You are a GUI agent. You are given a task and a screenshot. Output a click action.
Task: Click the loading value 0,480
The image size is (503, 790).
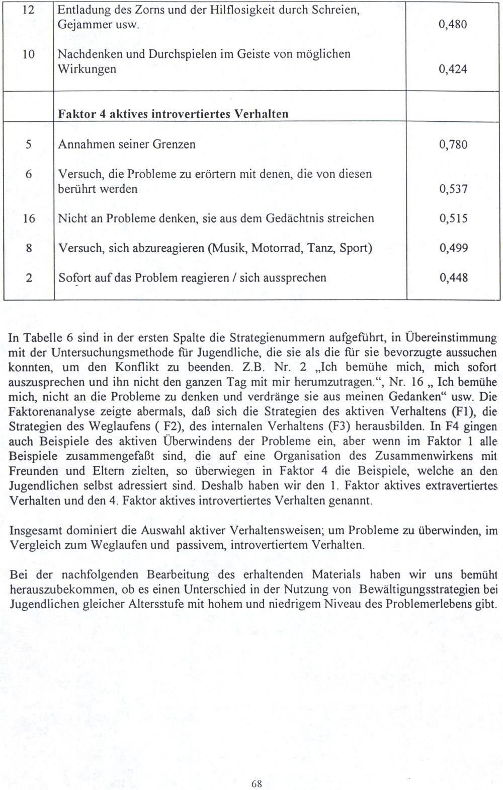point(453,25)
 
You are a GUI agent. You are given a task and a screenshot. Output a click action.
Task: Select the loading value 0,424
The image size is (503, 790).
point(453,69)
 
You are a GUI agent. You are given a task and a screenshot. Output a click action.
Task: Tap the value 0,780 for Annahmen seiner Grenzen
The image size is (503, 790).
point(453,145)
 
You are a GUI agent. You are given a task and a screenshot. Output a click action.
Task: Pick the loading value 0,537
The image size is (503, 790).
point(453,189)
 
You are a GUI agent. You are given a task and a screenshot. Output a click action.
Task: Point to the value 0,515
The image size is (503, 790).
point(453,219)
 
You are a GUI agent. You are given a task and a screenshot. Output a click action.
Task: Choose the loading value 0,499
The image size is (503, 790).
point(453,248)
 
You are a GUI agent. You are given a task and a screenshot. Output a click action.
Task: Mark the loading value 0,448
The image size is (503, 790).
point(453,278)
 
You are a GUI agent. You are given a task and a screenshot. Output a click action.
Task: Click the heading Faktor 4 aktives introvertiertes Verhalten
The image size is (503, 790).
point(174,114)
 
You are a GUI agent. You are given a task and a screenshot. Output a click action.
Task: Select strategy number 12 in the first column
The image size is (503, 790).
point(29,10)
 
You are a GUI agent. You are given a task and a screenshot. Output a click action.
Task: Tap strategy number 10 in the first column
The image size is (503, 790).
point(29,54)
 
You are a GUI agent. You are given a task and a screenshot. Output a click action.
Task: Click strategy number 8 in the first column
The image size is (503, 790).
point(29,248)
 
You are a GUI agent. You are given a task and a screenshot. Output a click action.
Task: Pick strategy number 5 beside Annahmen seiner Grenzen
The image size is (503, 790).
point(29,145)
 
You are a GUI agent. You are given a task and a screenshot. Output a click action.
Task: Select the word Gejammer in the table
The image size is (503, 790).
point(81,25)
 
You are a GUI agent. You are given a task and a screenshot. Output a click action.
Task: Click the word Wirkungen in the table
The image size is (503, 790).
point(87,69)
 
